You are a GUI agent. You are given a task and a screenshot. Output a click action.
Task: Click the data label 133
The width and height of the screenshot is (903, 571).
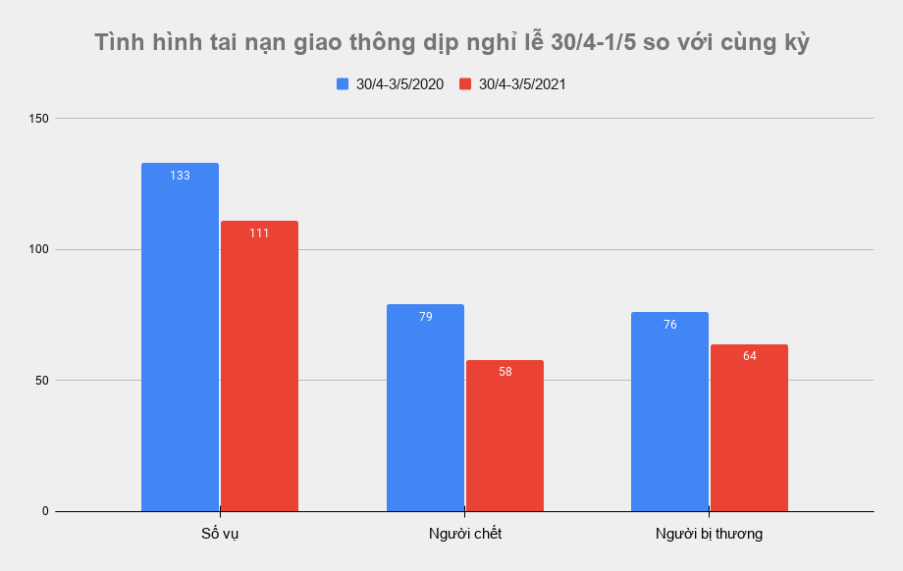[180, 176]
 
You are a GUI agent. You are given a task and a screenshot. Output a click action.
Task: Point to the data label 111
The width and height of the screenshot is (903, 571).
[259, 234]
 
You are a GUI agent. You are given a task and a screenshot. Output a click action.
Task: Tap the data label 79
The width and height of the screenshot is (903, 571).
[425, 317]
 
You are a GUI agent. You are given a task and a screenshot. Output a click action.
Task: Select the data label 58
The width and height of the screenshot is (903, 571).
[505, 372]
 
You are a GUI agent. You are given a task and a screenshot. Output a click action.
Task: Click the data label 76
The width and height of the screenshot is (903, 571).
[669, 325]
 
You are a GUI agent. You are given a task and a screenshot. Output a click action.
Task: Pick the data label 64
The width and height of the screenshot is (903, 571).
[749, 356]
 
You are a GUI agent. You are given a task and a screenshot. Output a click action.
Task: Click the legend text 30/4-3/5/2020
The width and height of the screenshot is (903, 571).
[399, 84]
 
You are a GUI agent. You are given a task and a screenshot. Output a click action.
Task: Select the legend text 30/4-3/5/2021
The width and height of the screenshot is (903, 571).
[522, 84]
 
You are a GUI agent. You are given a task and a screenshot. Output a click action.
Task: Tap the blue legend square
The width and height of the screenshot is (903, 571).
[343, 84]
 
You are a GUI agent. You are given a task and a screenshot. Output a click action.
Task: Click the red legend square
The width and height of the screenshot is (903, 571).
[465, 84]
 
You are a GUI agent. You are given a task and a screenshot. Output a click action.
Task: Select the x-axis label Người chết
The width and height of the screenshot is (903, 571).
[465, 534]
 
